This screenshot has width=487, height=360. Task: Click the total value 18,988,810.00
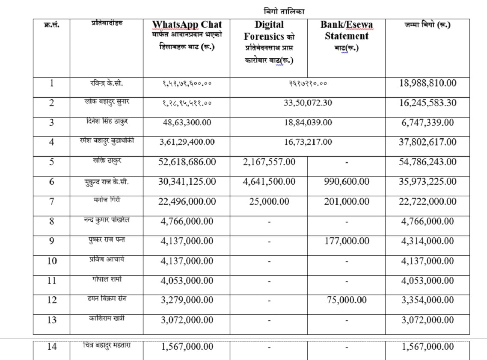pos(428,83)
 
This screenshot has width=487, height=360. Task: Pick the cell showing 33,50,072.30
pos(308,103)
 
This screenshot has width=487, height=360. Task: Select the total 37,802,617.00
pos(428,142)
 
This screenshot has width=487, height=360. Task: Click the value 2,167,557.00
pos(269,162)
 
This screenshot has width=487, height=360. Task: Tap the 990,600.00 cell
pos(346,182)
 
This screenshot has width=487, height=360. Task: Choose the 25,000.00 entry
pos(269,201)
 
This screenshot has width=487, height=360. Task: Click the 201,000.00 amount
pos(346,201)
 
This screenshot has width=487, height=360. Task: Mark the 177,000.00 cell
pos(346,241)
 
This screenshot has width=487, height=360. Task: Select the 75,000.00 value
pos(346,300)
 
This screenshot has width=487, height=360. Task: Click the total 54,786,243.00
pos(428,162)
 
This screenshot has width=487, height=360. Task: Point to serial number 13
pos(52,320)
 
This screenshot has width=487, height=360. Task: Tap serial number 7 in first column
pos(52,201)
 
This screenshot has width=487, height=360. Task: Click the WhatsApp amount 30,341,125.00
pos(187,182)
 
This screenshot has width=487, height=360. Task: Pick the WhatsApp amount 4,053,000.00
pos(187,280)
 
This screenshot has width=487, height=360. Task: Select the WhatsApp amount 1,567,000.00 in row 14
pos(187,347)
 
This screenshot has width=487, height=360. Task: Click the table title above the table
pos(284,11)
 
